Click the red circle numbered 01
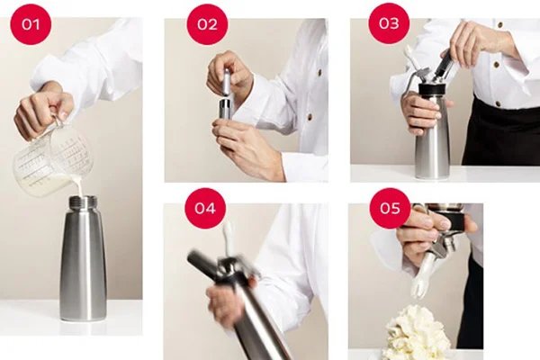[x=31, y=24]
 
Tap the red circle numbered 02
[x=207, y=24]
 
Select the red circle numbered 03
[x=388, y=24]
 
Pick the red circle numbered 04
[x=206, y=208]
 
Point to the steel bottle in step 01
[x=83, y=261]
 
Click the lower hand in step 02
[x=247, y=144]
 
